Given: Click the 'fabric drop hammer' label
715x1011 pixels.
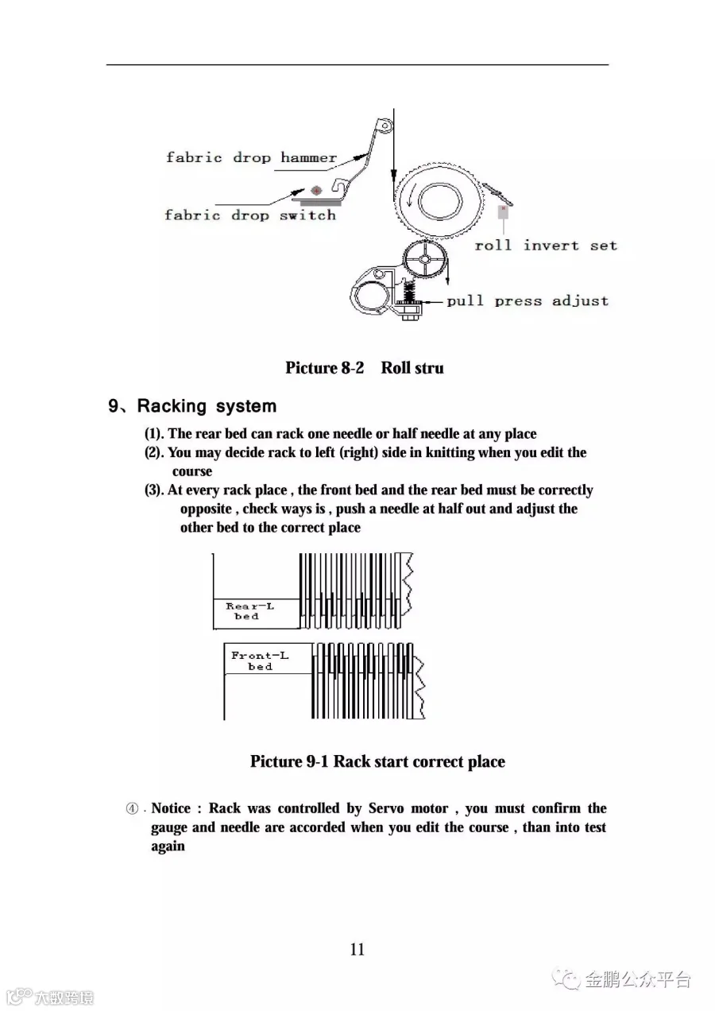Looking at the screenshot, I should (251, 157).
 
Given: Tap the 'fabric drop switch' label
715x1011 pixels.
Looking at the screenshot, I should (250, 215).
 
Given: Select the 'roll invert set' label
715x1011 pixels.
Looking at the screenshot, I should (546, 246).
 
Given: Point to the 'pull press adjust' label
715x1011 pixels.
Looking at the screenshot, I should (528, 301).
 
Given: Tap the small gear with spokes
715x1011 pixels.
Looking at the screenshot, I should (427, 259).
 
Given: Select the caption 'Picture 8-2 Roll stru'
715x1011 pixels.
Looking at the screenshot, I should (364, 368).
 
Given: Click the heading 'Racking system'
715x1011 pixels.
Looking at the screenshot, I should (207, 406).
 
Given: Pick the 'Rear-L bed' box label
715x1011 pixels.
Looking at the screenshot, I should (249, 610).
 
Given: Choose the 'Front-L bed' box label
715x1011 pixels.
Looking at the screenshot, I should (260, 660).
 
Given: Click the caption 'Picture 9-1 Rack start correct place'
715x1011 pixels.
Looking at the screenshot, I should (377, 761).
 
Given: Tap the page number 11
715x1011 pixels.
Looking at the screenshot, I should (357, 949).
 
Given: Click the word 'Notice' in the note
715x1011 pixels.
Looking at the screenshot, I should (171, 808).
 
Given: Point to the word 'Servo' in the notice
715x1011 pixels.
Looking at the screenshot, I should (386, 808).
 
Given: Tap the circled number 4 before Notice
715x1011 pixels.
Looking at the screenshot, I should (133, 809).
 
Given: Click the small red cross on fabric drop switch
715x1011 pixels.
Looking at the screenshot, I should (316, 190).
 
